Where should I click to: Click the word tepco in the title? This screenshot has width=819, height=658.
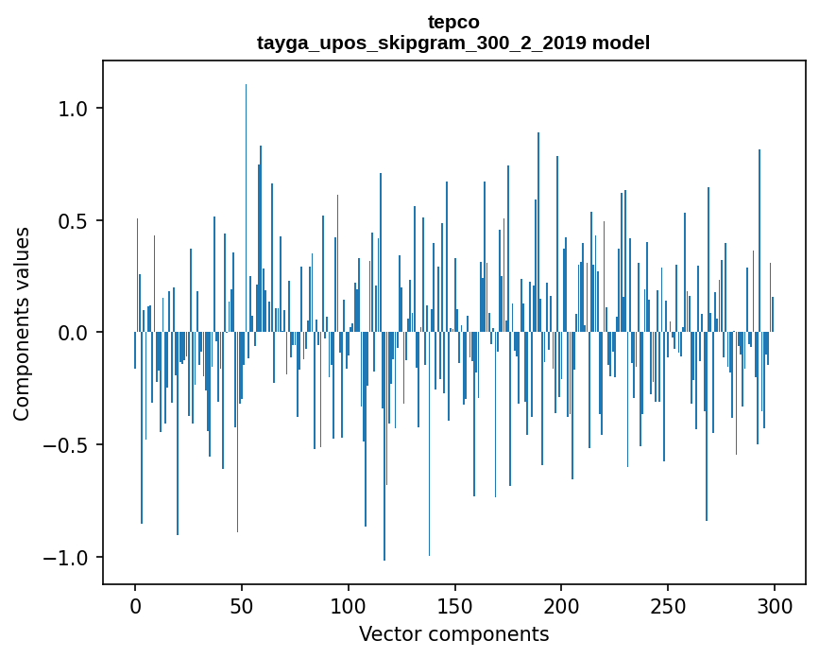tap(453, 22)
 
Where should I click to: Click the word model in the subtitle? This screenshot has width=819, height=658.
tap(622, 43)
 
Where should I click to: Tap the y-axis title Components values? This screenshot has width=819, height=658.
tap(22, 323)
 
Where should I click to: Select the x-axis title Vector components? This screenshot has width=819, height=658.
tap(453, 633)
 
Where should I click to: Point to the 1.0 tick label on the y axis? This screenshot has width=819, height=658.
tap(73, 109)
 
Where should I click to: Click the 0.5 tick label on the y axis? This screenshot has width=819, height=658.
tap(73, 221)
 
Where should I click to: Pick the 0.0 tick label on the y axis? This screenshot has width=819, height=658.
tap(73, 333)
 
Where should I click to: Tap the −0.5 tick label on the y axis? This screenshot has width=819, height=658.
tap(66, 445)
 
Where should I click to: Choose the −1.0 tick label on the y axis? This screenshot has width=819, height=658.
tap(66, 557)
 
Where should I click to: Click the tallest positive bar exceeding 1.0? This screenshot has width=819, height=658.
tap(247, 189)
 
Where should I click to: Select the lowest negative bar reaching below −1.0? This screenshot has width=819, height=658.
tap(384, 454)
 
